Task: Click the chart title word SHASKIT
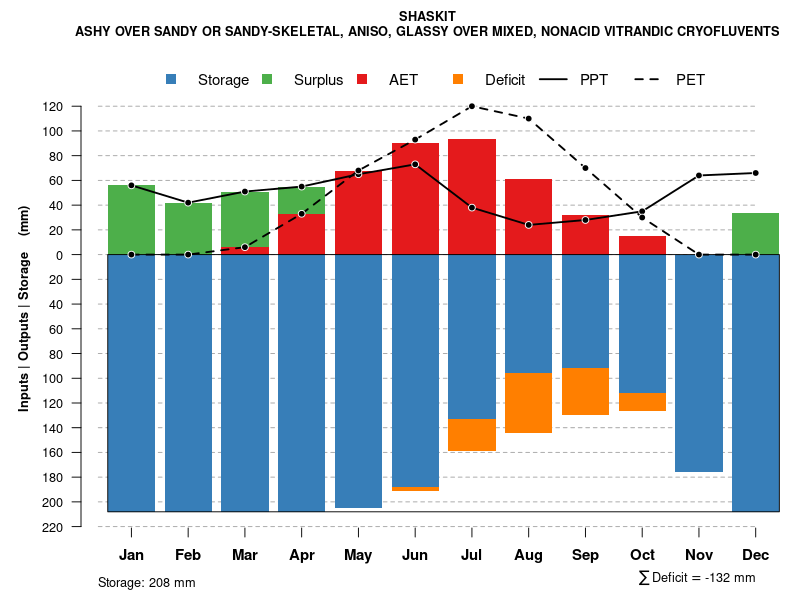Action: pyautogui.click(x=427, y=16)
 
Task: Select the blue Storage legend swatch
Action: pyautogui.click(x=172, y=79)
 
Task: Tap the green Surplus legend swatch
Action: pyautogui.click(x=268, y=79)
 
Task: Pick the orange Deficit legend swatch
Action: pyautogui.click(x=459, y=79)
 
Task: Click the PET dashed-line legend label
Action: pyautogui.click(x=690, y=80)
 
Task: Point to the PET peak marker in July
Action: pyautogui.click(x=472, y=106)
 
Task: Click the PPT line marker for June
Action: pyautogui.click(x=415, y=164)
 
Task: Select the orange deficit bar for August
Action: pyautogui.click(x=529, y=403)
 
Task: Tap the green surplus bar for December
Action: pyautogui.click(x=756, y=234)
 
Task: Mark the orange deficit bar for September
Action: pyautogui.click(x=586, y=391)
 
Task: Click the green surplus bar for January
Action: pyautogui.click(x=131, y=220)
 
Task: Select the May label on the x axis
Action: pyautogui.click(x=358, y=555)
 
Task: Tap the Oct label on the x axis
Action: pyautogui.click(x=643, y=555)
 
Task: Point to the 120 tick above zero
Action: pyautogui.click(x=82, y=107)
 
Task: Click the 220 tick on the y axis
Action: pyautogui.click(x=82, y=527)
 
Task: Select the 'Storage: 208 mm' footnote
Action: pyautogui.click(x=147, y=582)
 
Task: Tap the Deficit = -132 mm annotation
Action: pyautogui.click(x=697, y=578)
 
